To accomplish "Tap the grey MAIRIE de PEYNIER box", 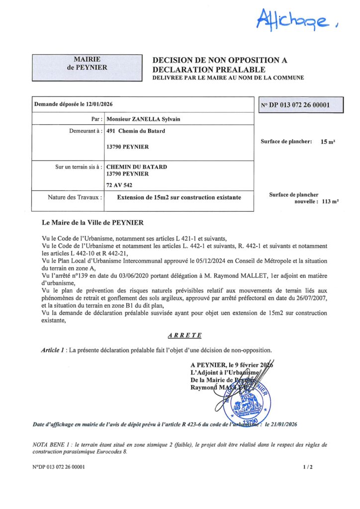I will coord(87,63).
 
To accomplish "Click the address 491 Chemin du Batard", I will coord(136,131).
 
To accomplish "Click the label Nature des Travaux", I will coord(75,197).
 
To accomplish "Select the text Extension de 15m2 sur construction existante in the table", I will coord(179,197).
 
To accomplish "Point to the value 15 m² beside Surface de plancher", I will coord(327,142).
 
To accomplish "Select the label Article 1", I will coord(54,350).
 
